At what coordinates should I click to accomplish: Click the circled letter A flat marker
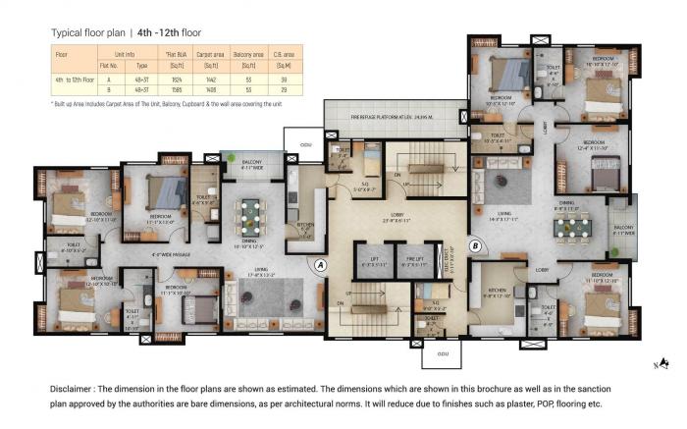point(319,262)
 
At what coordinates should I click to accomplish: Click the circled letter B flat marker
point(475,245)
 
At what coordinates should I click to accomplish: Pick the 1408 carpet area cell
point(209,91)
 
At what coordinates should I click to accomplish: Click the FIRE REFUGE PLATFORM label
point(390,118)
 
